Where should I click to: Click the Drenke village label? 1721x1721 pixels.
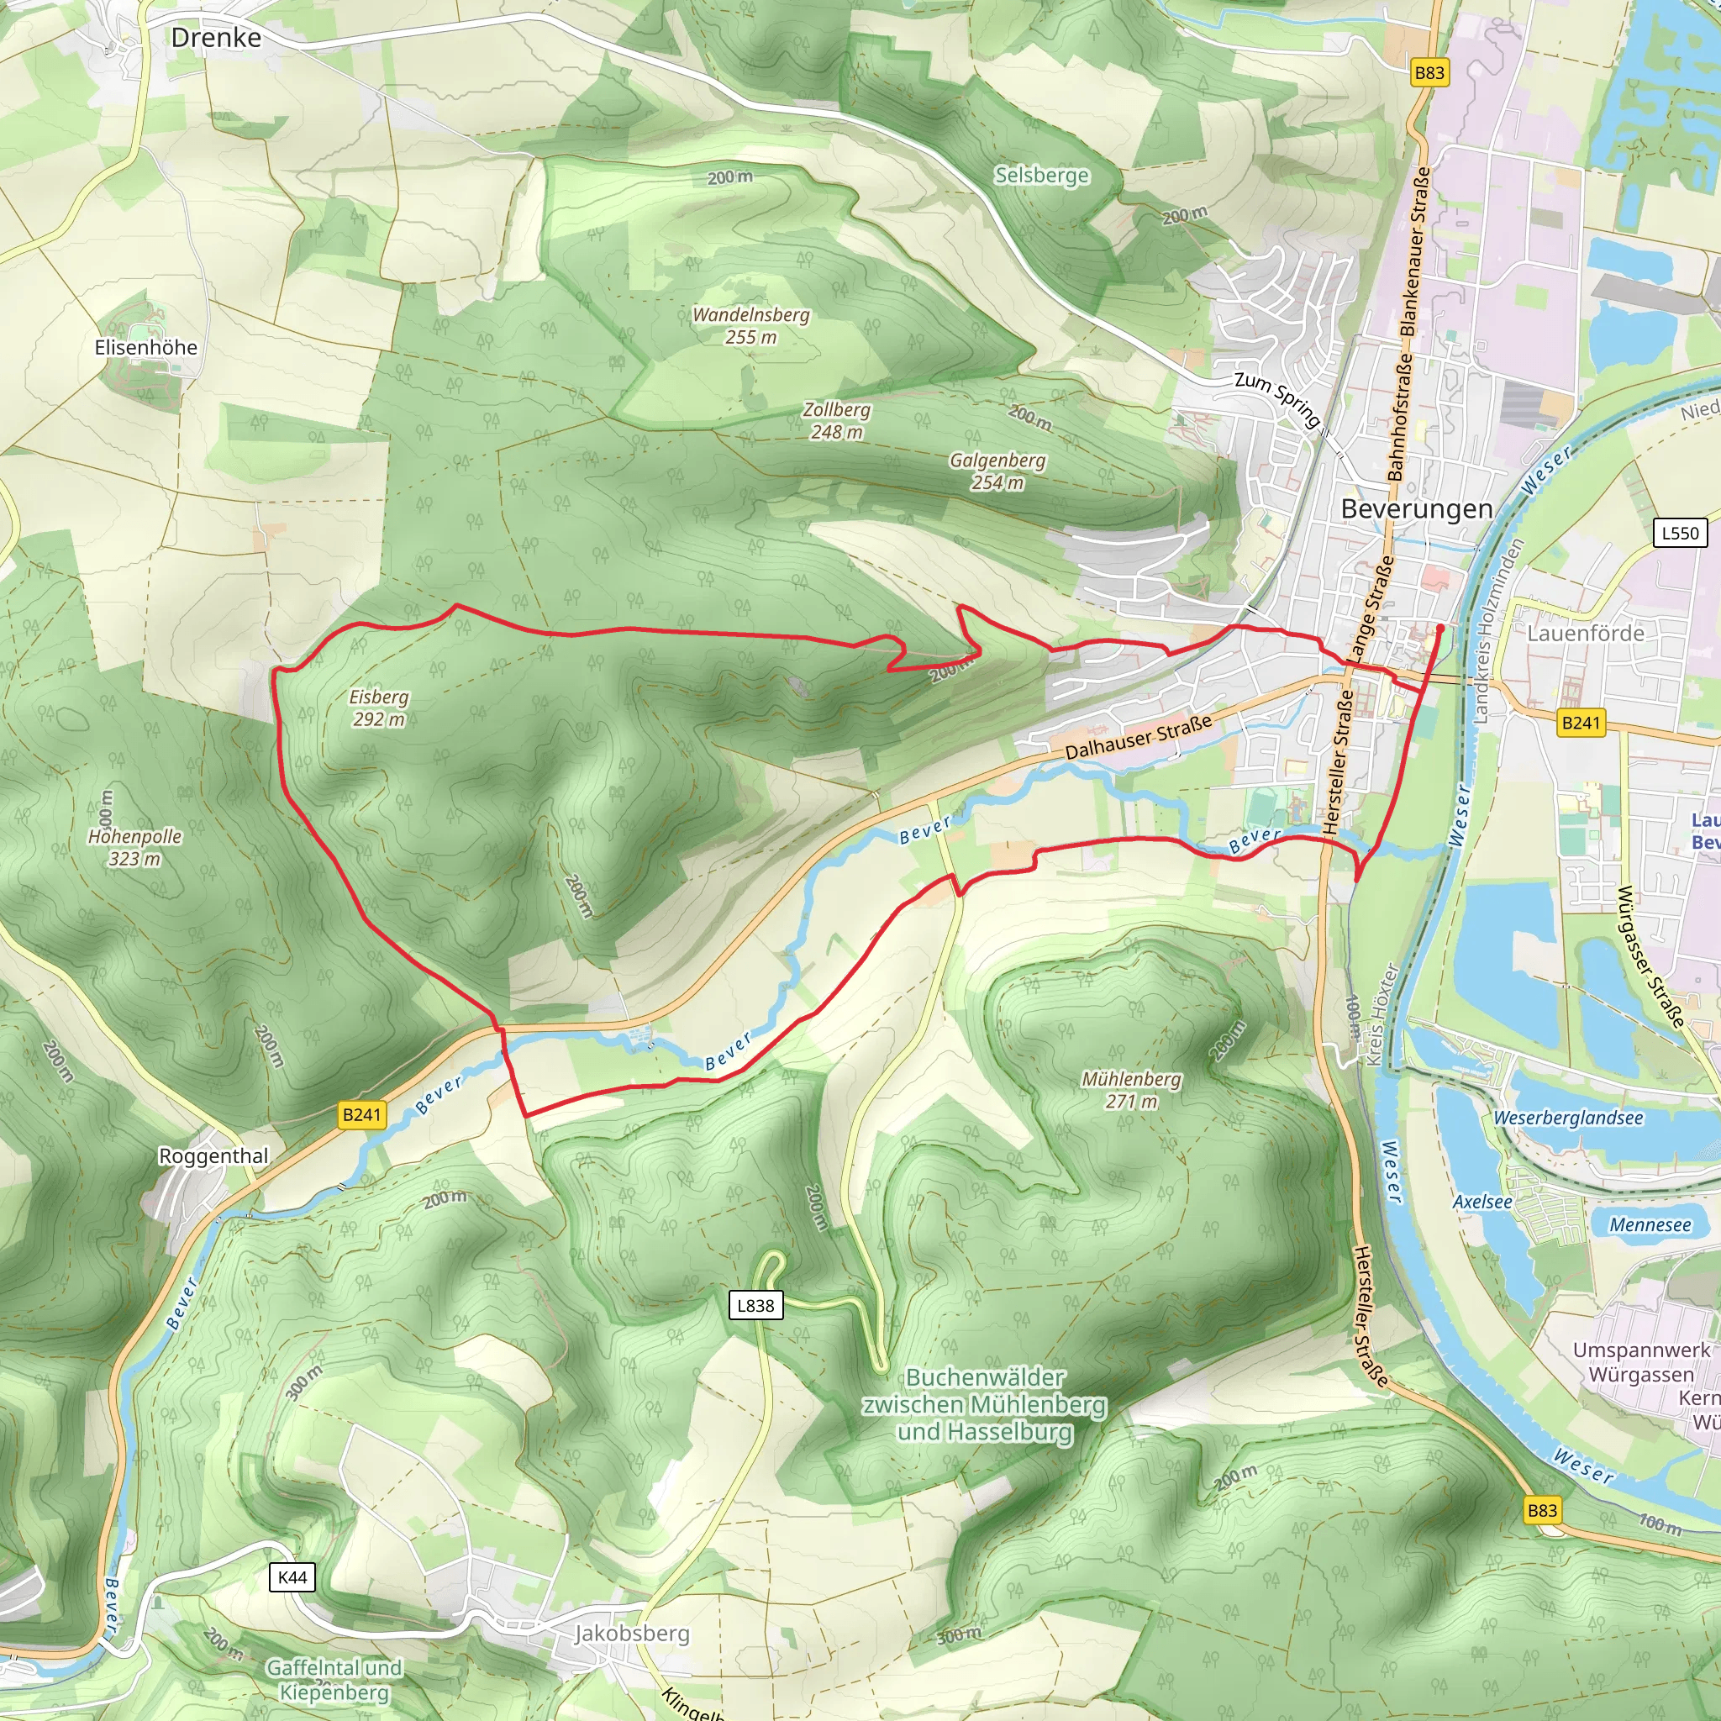[217, 39]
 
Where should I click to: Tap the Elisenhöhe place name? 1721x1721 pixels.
[146, 347]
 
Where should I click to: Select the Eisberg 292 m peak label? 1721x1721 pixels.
[379, 708]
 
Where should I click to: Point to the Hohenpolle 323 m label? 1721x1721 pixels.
[134, 847]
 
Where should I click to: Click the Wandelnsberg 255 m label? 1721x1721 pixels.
[751, 326]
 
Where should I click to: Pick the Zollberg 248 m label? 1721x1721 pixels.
[836, 420]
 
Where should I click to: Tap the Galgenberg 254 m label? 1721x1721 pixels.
[997, 471]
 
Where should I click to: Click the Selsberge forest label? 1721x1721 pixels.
[1041, 176]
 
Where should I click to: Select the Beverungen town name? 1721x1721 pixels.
[1416, 508]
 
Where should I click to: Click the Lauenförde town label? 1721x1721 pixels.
[1586, 634]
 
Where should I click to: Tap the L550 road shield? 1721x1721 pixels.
[1680, 533]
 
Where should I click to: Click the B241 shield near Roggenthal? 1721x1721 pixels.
[361, 1114]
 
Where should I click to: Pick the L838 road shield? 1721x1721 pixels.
[755, 1305]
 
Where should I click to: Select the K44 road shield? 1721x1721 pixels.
[292, 1577]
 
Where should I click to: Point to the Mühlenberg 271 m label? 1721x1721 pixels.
[1131, 1089]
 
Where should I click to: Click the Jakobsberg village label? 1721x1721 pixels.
[632, 1633]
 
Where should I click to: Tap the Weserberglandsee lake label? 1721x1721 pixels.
[1568, 1118]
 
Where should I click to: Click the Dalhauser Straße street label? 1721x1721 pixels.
[1139, 737]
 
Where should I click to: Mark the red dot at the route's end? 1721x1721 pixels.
[1439, 628]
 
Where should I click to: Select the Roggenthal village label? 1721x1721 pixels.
[213, 1156]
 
